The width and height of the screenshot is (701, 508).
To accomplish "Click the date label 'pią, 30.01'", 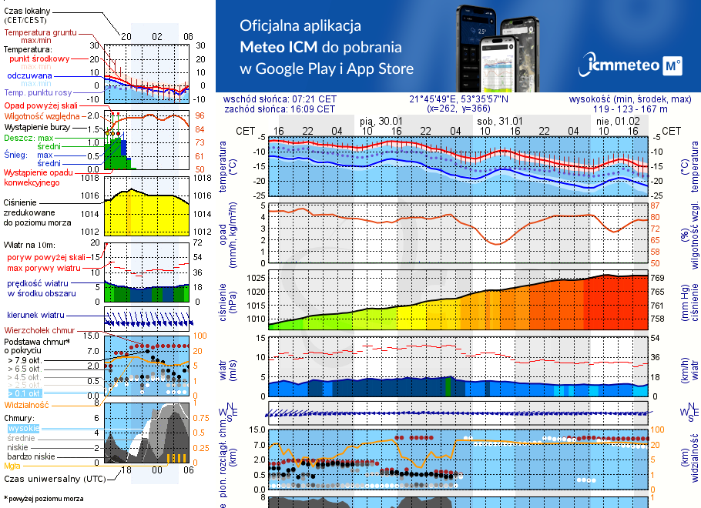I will (x=381, y=121).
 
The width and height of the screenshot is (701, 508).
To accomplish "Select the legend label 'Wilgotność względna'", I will (x=42, y=115).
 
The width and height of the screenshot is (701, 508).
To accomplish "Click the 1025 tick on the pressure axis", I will (x=257, y=278).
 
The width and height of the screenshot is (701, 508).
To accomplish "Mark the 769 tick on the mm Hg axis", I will (x=659, y=278).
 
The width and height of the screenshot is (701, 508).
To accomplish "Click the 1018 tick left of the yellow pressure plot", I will (x=91, y=178).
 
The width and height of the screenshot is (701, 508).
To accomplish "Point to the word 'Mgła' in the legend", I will (x=12, y=466).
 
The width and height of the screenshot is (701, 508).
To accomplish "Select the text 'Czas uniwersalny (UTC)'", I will (x=54, y=479).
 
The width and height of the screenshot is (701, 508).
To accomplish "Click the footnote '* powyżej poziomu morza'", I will (x=43, y=499).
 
